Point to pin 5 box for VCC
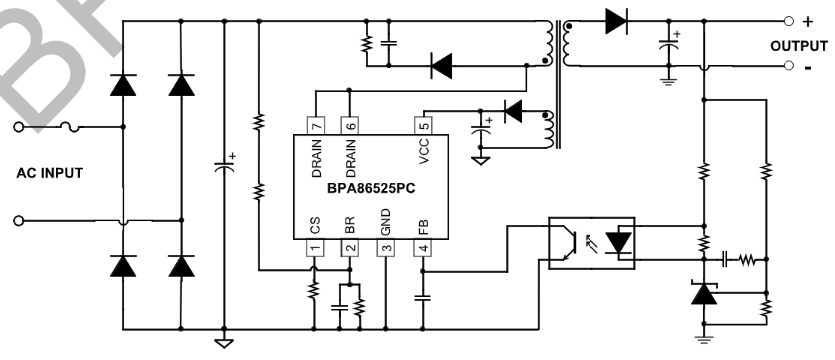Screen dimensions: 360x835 point(422,125)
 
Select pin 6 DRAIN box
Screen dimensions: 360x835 point(349,125)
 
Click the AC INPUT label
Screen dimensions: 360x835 point(50,173)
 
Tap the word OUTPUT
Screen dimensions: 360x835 point(798,46)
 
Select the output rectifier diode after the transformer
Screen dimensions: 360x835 point(616,20)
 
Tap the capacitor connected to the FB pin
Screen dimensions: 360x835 point(422,297)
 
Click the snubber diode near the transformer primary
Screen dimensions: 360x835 point(441,66)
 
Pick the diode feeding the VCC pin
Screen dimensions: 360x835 point(514,111)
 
